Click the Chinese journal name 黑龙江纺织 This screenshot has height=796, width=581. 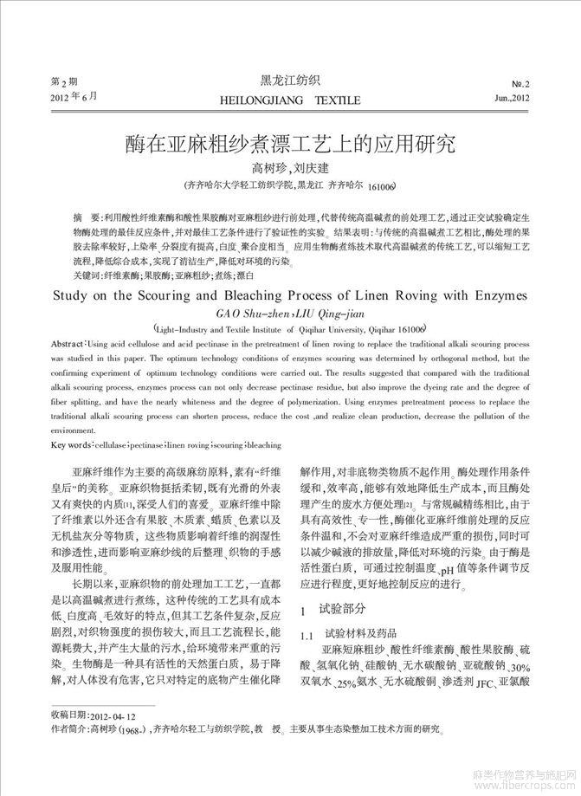point(290,81)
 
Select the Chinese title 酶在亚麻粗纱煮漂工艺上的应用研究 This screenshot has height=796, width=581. point(290,142)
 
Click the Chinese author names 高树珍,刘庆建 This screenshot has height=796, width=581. point(290,167)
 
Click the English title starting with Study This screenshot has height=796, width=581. point(290,294)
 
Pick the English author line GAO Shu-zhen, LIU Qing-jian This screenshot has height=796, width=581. point(289,313)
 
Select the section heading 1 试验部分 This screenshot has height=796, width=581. point(332,611)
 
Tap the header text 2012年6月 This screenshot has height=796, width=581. point(72,97)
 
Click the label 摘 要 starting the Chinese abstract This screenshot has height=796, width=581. point(87,213)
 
